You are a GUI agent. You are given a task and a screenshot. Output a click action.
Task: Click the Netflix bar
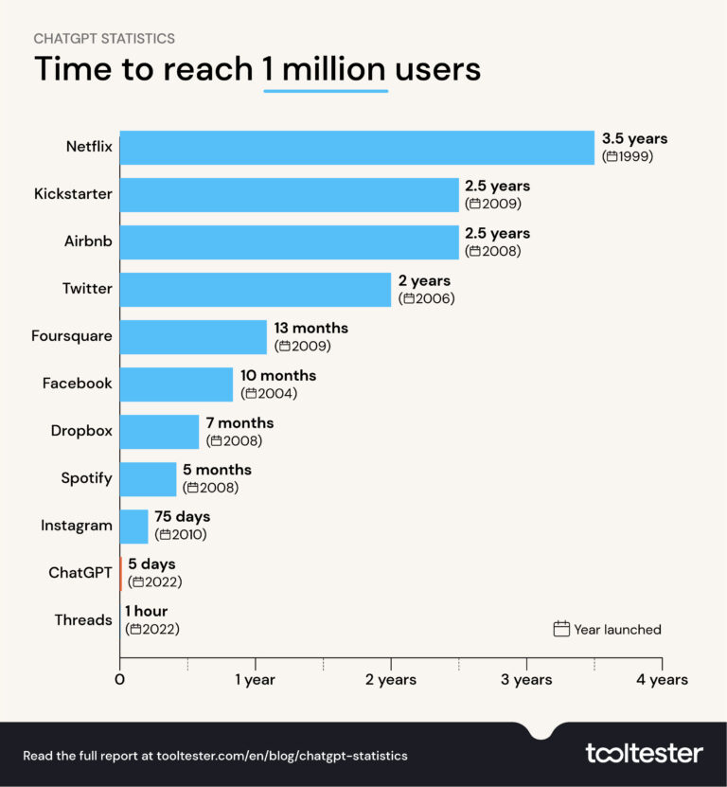357,148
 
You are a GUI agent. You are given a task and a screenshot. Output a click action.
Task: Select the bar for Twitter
256,290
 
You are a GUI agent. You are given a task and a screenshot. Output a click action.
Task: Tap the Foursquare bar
194,337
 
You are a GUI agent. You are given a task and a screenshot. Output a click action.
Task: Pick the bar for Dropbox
160,432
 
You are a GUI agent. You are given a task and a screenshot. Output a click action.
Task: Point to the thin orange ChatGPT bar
121,573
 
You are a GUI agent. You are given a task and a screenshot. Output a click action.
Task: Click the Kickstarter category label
74,194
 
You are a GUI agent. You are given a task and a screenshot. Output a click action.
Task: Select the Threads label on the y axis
83,620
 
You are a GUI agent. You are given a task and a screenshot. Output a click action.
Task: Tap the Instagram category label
77,526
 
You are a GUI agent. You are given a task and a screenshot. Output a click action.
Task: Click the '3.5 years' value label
634,139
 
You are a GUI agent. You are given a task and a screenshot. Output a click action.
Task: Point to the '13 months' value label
311,329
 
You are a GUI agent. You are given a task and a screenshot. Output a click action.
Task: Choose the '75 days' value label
182,517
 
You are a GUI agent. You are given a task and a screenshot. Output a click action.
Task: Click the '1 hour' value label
147,612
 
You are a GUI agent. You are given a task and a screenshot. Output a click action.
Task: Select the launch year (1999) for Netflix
628,156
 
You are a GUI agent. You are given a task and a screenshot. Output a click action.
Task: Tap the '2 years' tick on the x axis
391,680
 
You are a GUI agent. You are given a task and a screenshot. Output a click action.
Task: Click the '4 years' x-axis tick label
662,680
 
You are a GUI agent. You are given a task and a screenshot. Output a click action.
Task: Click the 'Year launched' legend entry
607,630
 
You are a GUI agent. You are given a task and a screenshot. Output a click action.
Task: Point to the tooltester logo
644,754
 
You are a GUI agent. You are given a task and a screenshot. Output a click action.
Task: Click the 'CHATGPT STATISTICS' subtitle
104,39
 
